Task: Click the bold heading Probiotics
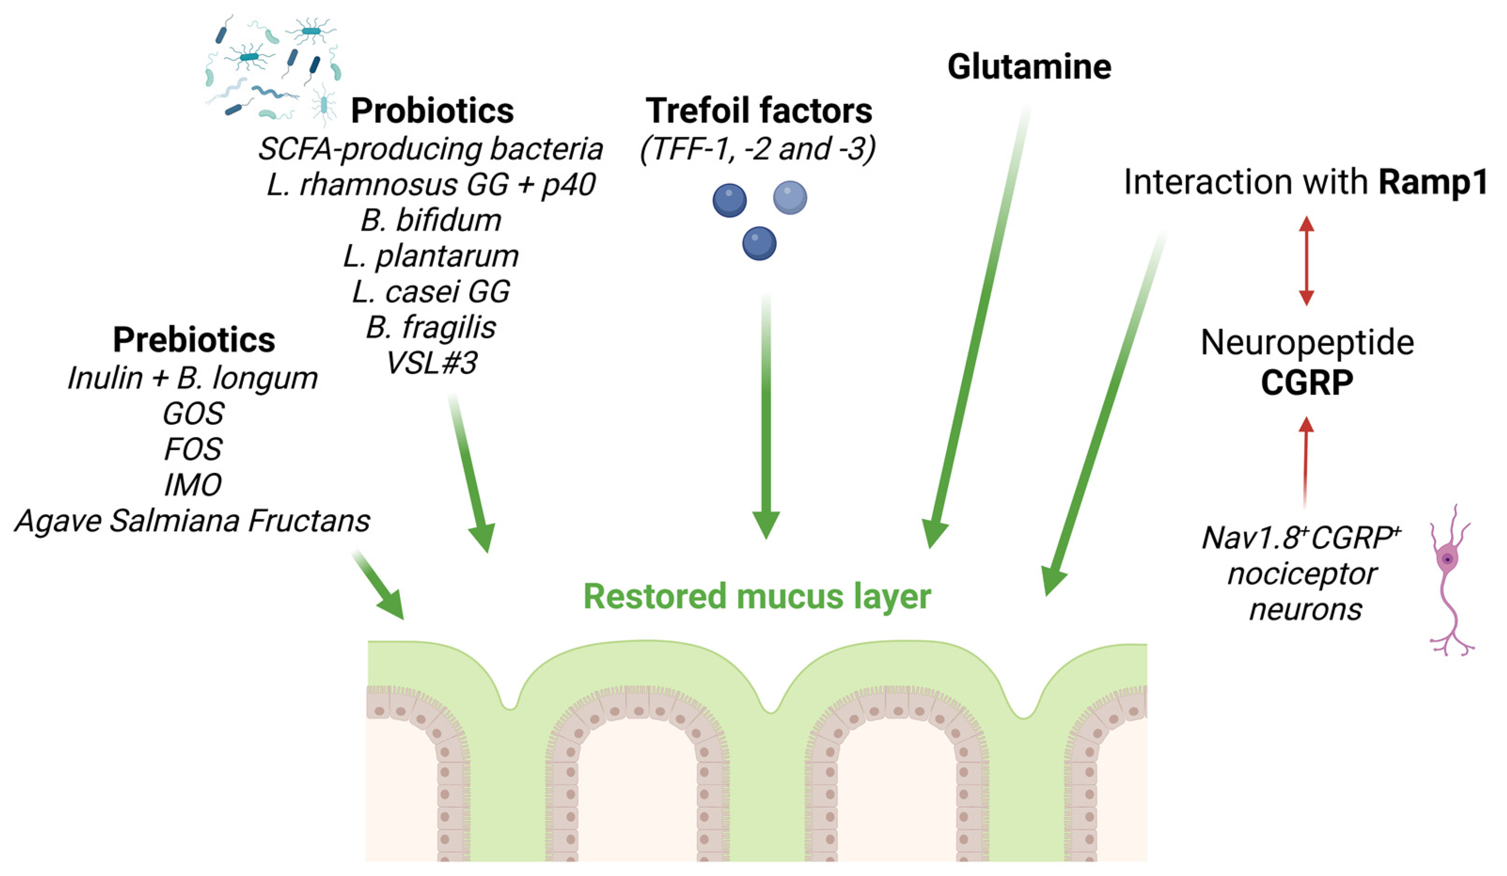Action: [x=432, y=111]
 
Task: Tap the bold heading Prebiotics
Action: [x=194, y=340]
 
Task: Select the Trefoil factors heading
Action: [x=758, y=111]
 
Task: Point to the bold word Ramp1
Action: [x=1433, y=182]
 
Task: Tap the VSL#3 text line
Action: [x=431, y=363]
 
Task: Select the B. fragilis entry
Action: [x=431, y=328]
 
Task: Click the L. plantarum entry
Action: [x=431, y=256]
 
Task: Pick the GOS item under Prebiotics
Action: [x=193, y=414]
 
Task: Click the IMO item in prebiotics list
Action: [x=193, y=485]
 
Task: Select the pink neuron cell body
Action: [x=1447, y=559]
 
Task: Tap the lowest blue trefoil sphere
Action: [x=759, y=243]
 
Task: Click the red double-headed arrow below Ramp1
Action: [x=1306, y=261]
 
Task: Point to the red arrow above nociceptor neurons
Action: [x=1305, y=461]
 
